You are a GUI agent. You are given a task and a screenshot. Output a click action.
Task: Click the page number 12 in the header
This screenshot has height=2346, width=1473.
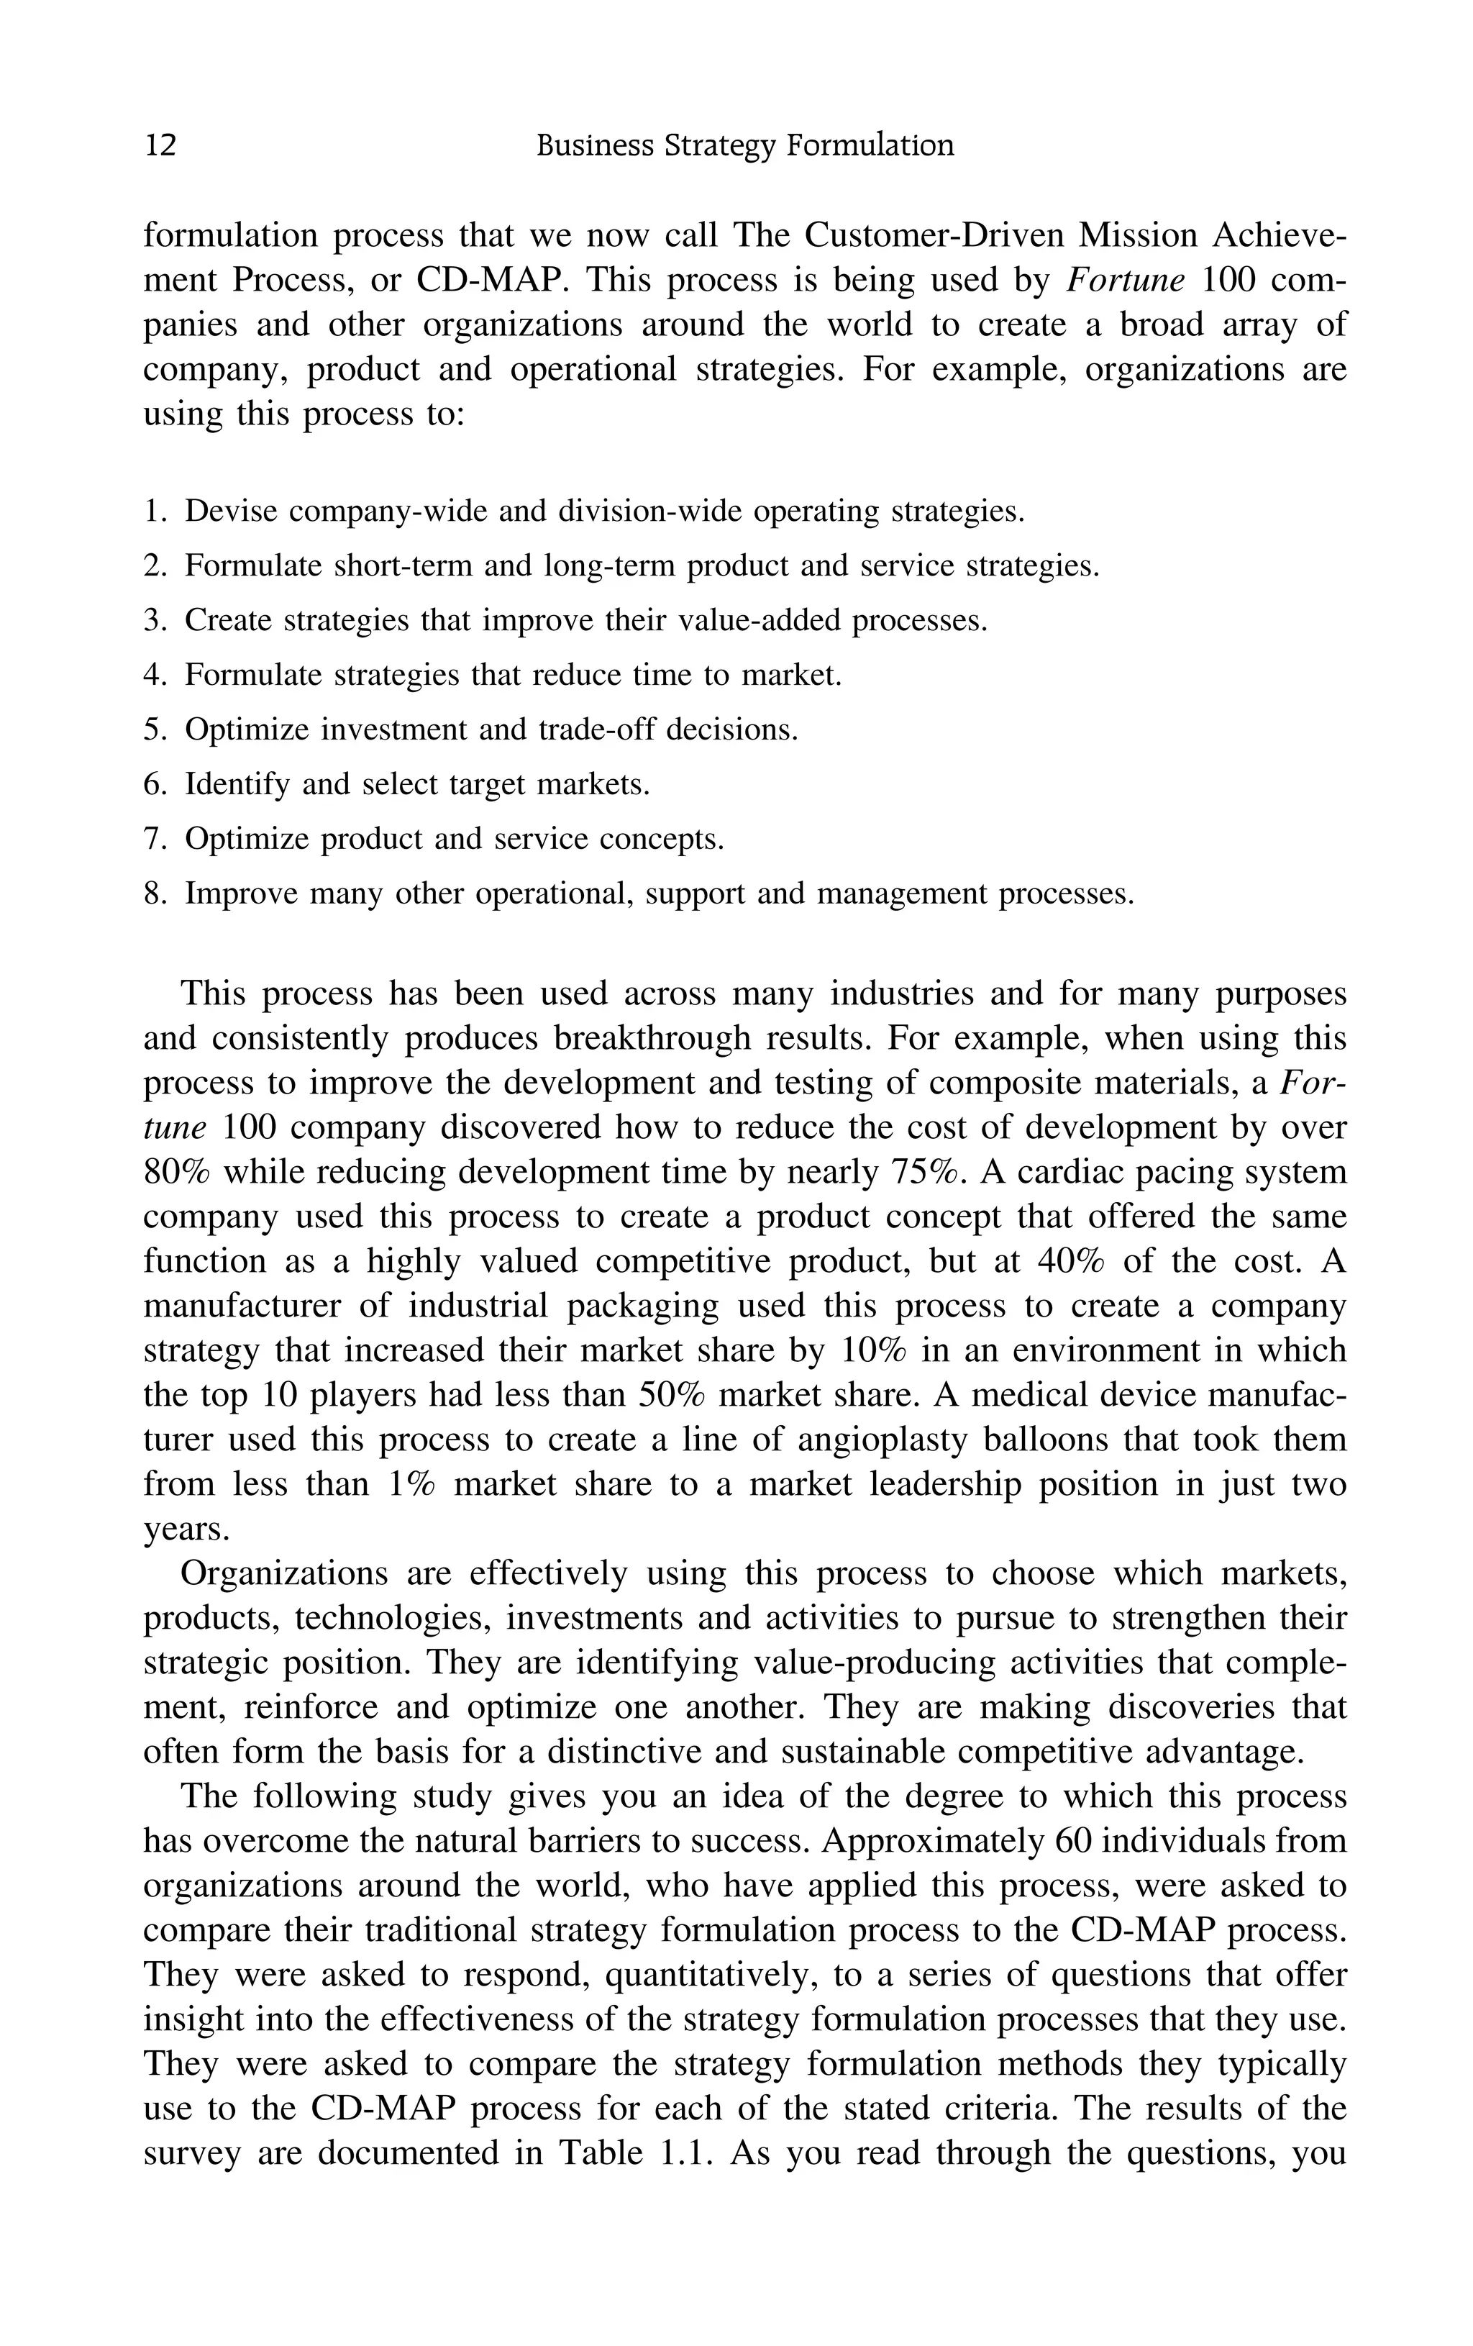tap(160, 146)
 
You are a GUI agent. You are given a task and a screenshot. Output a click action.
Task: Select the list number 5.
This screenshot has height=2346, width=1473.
tap(155, 729)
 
